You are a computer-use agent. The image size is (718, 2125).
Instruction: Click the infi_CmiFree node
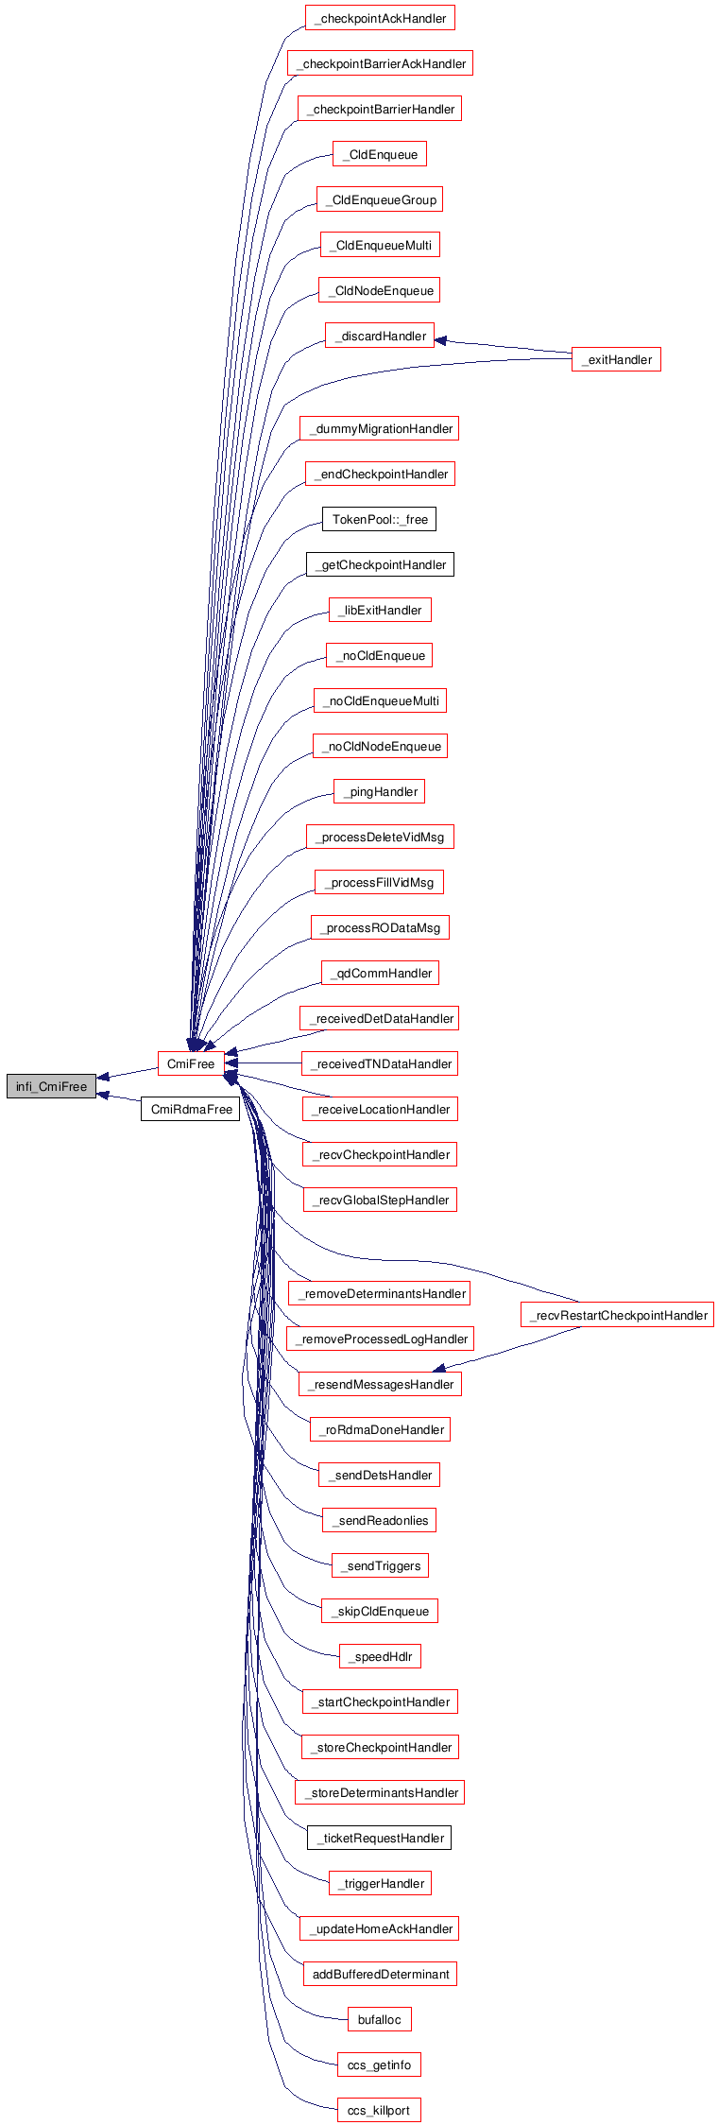[x=51, y=1087]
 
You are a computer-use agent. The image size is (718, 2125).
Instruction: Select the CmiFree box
[x=191, y=1064]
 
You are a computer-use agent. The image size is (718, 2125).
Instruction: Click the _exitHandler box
[x=616, y=359]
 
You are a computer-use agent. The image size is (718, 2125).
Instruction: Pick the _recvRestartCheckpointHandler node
[x=617, y=1315]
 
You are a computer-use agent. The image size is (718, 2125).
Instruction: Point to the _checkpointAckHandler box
[x=380, y=18]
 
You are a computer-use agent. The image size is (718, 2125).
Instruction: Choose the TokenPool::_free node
[x=380, y=519]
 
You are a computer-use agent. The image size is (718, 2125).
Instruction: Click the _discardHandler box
[x=380, y=336]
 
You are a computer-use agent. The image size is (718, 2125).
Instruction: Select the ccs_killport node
[x=379, y=2110]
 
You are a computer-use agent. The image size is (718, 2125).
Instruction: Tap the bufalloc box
[x=379, y=2019]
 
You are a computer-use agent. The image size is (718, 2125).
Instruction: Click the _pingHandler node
[x=380, y=791]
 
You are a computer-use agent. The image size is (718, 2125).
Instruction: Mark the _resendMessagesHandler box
[x=380, y=1384]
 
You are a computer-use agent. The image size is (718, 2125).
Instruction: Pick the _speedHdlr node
[x=380, y=1656]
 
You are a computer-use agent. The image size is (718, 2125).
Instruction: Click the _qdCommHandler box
[x=380, y=973]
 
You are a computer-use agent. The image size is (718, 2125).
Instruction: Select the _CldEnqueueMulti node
[x=380, y=245]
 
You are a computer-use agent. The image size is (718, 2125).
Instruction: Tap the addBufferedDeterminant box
[x=380, y=1974]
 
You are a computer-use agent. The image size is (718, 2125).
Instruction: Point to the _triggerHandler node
[x=380, y=1883]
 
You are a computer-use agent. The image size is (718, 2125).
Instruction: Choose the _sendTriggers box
[x=380, y=1565]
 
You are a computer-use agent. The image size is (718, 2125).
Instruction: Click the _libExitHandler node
[x=380, y=610]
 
